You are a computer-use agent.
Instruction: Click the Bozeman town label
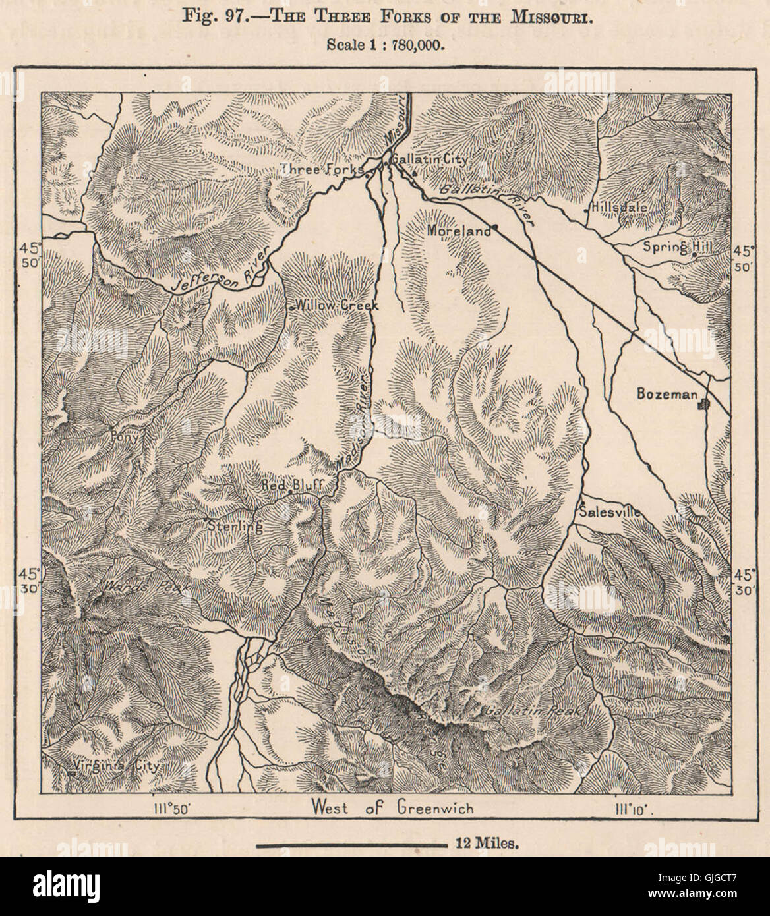coord(665,394)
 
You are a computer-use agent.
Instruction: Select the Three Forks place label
coord(321,169)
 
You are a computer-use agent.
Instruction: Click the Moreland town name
coord(458,231)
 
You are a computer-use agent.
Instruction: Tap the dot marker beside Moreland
coord(494,227)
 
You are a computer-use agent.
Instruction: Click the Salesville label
coord(608,509)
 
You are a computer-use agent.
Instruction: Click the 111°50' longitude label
coord(173,807)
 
